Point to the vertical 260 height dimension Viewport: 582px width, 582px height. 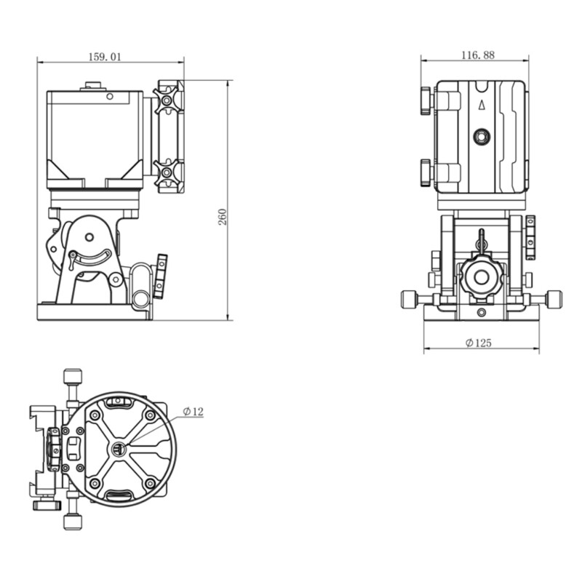[223, 217]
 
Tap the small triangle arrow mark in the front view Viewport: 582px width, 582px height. [480, 104]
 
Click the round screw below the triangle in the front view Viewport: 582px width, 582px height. [480, 136]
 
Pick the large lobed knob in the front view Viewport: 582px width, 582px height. [480, 276]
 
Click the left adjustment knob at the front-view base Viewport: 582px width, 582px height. [410, 298]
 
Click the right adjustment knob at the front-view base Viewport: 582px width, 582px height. [554, 298]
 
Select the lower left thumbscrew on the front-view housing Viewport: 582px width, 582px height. [426, 172]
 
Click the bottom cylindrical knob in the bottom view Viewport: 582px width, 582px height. [71, 521]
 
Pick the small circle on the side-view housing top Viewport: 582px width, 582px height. [109, 95]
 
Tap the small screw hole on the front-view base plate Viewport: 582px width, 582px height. [480, 311]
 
